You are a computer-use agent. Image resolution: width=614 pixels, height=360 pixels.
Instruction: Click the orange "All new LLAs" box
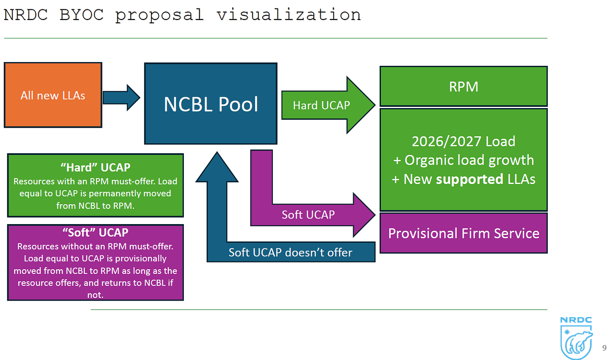pyautogui.click(x=53, y=95)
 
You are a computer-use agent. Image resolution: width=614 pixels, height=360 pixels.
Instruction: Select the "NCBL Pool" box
pyautogui.click(x=210, y=104)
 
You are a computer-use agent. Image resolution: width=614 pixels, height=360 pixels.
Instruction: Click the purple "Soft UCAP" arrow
pyautogui.click(x=308, y=214)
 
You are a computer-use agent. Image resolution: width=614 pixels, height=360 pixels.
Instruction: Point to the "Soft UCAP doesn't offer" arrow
pyautogui.click(x=290, y=252)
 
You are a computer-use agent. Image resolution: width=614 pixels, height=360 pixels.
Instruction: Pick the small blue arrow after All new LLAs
pyautogui.click(x=121, y=97)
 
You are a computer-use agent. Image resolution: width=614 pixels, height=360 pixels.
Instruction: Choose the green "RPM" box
pyautogui.click(x=463, y=87)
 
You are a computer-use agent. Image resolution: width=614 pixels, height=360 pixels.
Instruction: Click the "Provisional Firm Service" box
pyautogui.click(x=463, y=233)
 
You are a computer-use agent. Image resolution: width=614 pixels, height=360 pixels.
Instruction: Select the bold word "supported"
pyautogui.click(x=469, y=179)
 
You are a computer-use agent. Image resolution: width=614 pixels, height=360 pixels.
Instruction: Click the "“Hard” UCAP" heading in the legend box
pyautogui.click(x=95, y=168)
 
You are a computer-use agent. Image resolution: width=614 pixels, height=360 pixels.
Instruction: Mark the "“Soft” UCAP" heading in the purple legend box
pyautogui.click(x=95, y=233)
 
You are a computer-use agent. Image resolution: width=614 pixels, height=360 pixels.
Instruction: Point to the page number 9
pyautogui.click(x=604, y=348)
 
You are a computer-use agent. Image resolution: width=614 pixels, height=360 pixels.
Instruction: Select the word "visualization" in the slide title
pyautogui.click(x=288, y=15)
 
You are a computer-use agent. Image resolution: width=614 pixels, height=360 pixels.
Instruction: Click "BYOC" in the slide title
pyautogui.click(x=81, y=15)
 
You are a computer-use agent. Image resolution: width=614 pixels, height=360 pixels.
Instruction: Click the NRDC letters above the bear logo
pyautogui.click(x=576, y=320)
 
